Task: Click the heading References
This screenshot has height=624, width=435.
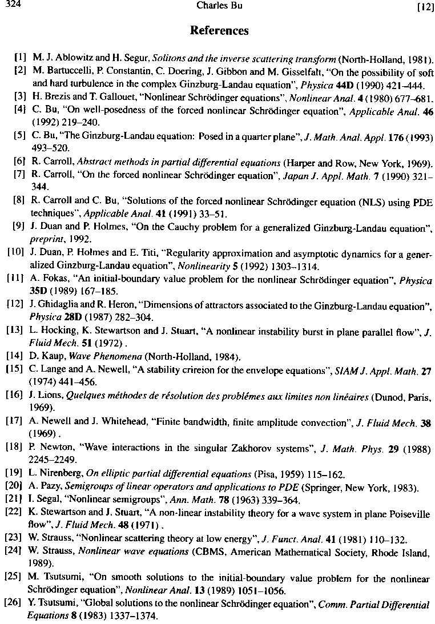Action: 219,30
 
